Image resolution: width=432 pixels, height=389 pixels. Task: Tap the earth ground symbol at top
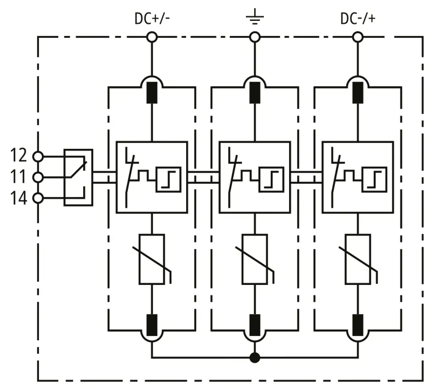pyautogui.click(x=255, y=19)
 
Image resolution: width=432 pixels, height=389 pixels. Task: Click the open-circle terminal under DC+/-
pyautogui.click(x=152, y=37)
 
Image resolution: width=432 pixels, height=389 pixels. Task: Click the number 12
pyautogui.click(x=19, y=156)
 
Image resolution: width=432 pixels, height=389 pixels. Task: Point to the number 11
pyautogui.click(x=19, y=177)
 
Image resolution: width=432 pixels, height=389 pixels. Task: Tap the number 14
pyautogui.click(x=19, y=198)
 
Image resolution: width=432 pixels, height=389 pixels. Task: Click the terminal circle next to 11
pyautogui.click(x=37, y=177)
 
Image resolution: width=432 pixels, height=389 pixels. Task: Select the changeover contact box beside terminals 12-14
pyautogui.click(x=78, y=177)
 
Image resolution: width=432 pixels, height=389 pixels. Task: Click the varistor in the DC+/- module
pyautogui.click(x=152, y=259)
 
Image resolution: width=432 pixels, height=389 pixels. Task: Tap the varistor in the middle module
pyautogui.click(x=255, y=259)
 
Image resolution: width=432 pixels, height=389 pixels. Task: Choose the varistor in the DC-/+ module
pyautogui.click(x=359, y=259)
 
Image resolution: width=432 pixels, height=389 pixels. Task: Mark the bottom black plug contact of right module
pyautogui.click(x=359, y=322)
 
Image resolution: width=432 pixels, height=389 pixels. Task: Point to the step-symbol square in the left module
pyautogui.click(x=168, y=178)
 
